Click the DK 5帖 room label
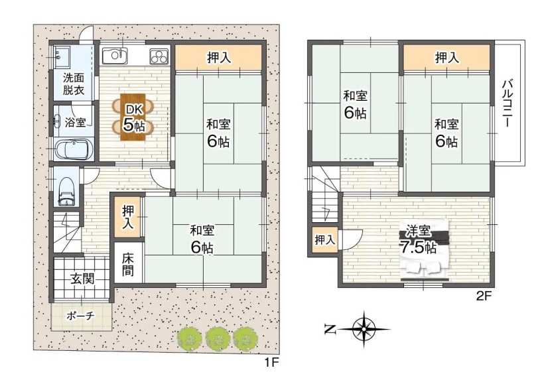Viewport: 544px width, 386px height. click(133, 118)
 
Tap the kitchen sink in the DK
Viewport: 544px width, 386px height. click(115, 56)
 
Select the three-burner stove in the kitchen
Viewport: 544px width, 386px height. click(159, 56)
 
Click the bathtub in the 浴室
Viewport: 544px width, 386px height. click(74, 149)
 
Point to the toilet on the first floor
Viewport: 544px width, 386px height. click(66, 192)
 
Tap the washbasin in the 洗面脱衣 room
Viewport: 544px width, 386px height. click(62, 56)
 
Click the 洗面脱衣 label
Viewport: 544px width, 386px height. click(74, 84)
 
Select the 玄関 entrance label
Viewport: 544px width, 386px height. click(82, 278)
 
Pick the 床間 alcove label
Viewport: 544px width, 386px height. click(128, 265)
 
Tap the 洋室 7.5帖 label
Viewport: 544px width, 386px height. click(418, 239)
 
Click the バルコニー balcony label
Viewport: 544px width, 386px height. click(508, 103)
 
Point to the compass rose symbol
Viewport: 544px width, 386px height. click(364, 329)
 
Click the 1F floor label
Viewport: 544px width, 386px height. click(271, 363)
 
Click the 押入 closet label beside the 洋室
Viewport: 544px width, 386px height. click(325, 239)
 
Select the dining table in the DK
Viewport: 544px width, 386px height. click(133, 117)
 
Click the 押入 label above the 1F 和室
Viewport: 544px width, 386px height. click(219, 58)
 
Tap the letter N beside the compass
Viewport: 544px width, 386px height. click(330, 329)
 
